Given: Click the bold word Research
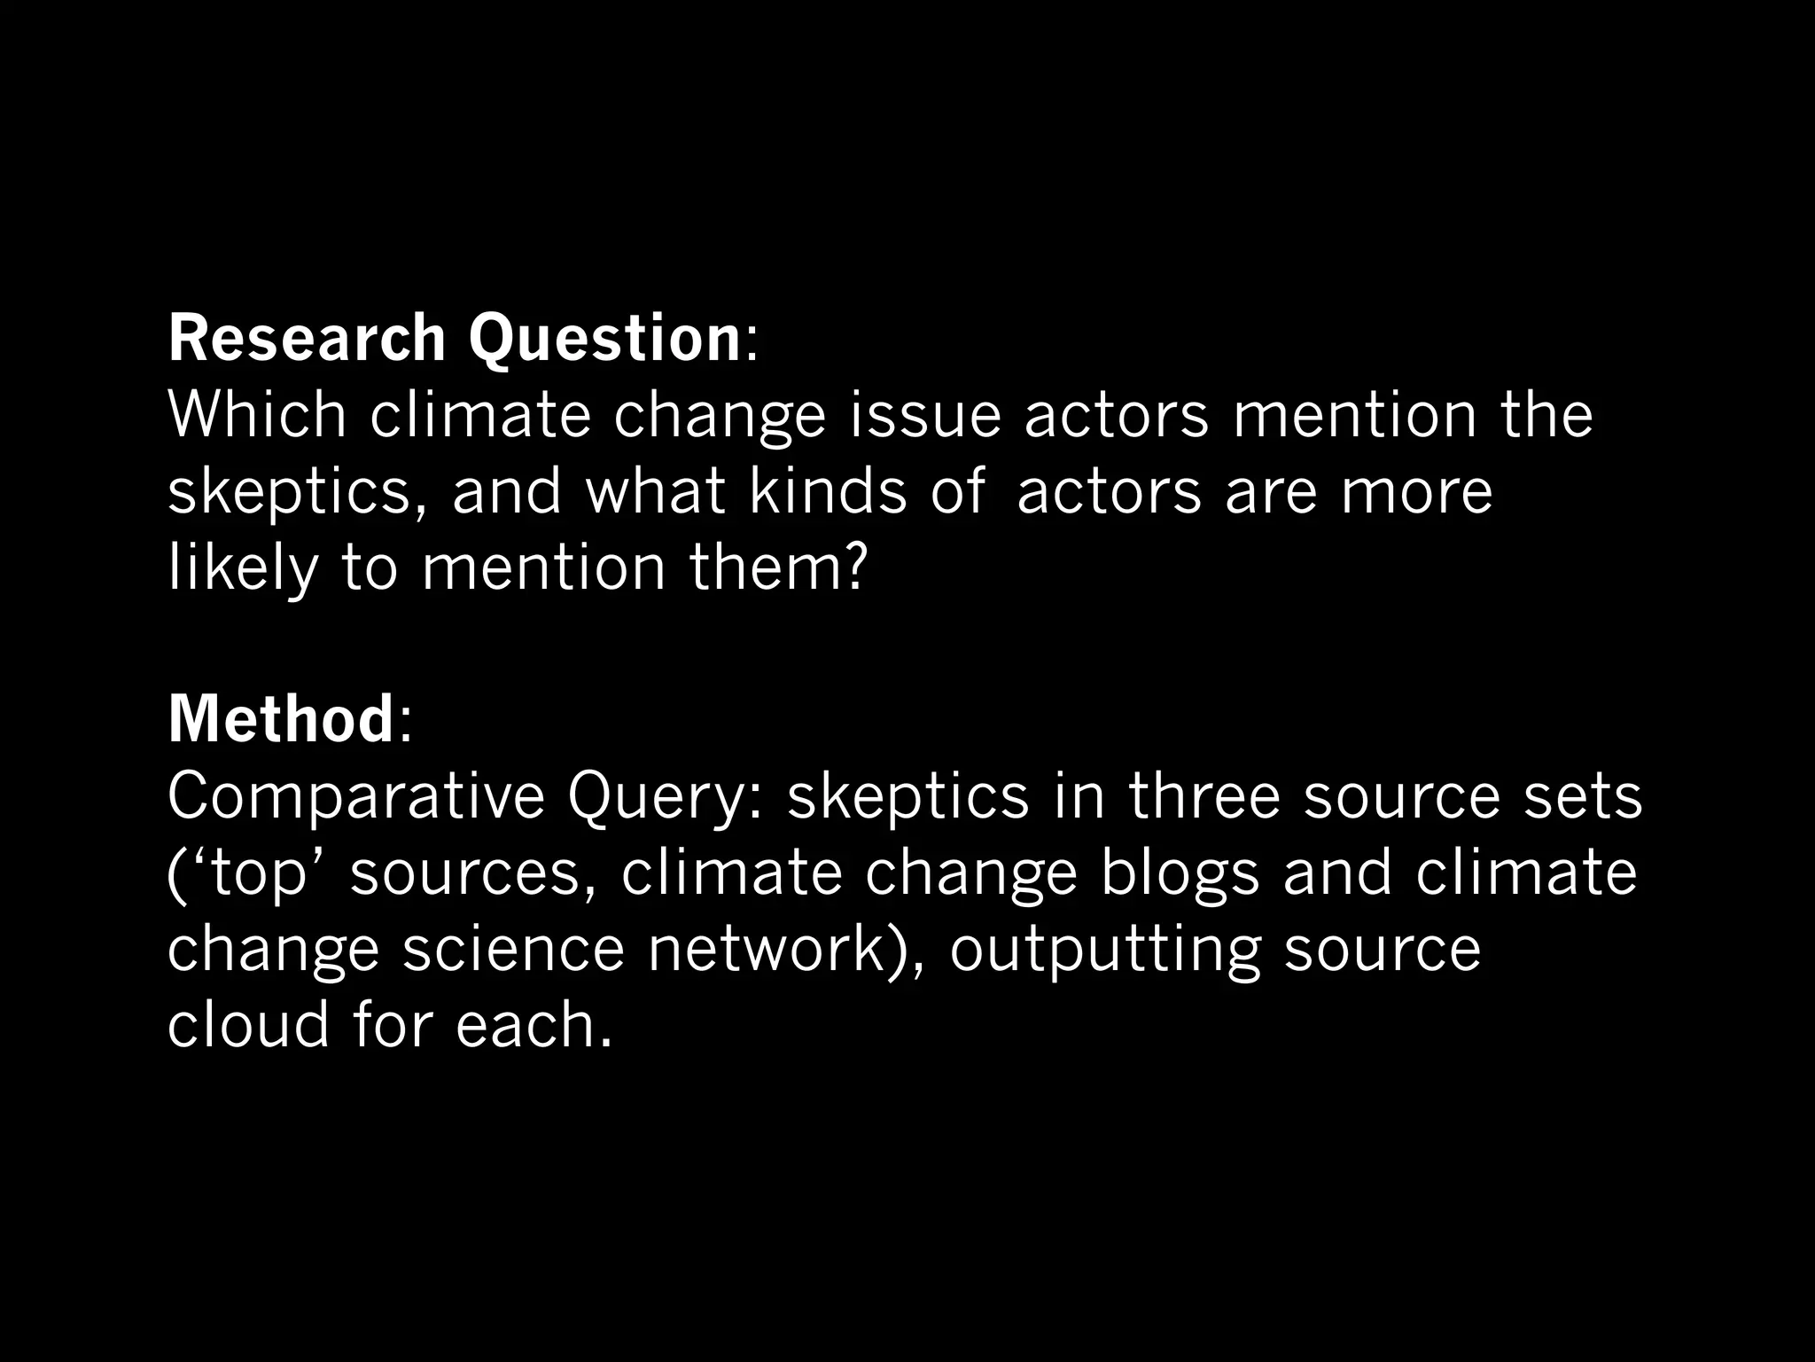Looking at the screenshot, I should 307,339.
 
